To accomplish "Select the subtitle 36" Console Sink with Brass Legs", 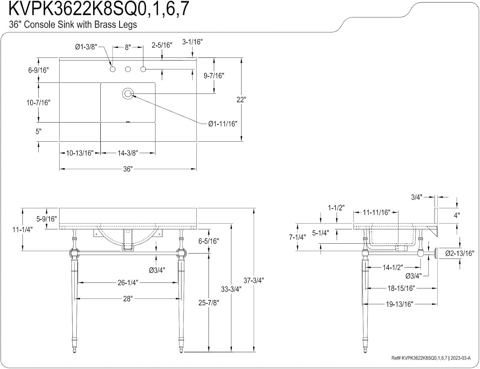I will [x=73, y=25].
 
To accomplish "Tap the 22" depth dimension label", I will [x=241, y=100].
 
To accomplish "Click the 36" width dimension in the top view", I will [x=128, y=169].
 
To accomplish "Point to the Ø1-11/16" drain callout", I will [x=223, y=124].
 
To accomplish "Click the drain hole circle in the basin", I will [x=128, y=94].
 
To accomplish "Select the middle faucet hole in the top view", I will [x=128, y=69].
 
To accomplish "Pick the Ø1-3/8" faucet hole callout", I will [x=86, y=47].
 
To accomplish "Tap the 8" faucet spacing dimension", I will [x=128, y=47].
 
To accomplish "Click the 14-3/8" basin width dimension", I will [x=128, y=153].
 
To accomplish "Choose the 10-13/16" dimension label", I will [x=80, y=153].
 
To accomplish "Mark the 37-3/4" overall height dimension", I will [x=254, y=280].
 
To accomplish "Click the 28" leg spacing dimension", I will [x=128, y=299].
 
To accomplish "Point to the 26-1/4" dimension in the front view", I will [x=128, y=283].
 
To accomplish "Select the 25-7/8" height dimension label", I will [x=209, y=302].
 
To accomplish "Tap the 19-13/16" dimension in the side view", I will [x=399, y=304].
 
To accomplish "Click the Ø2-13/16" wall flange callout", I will [x=460, y=254].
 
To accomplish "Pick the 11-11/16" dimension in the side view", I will [x=376, y=212].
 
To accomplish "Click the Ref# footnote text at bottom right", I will [x=431, y=358].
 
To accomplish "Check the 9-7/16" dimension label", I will [x=214, y=76].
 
